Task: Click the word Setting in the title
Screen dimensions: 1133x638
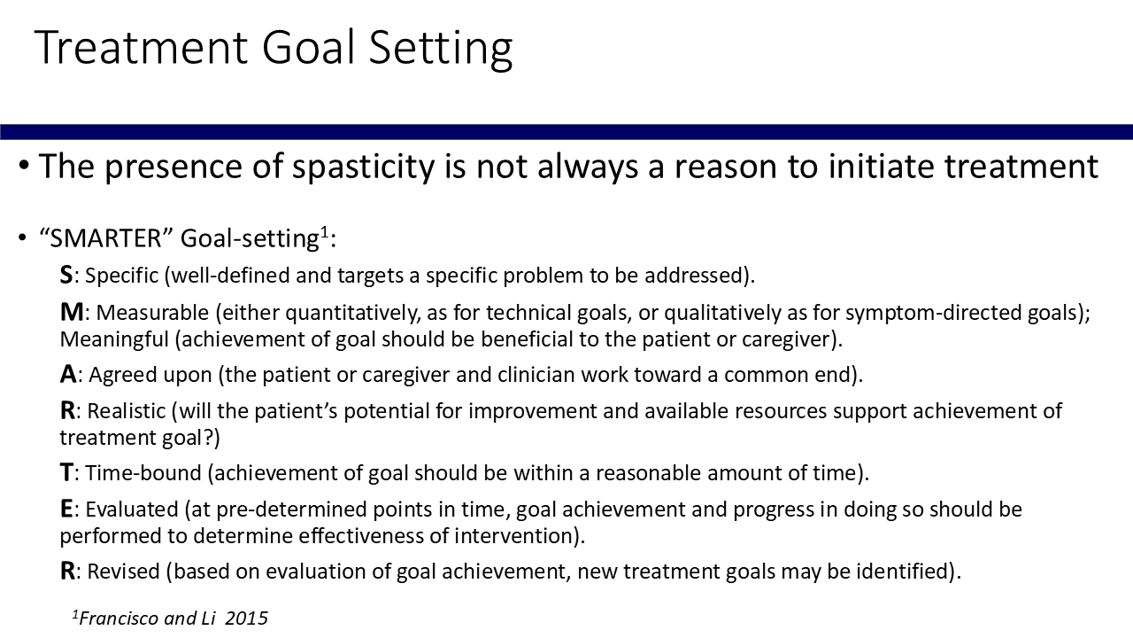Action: coord(441,49)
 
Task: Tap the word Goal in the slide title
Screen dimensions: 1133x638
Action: coord(308,48)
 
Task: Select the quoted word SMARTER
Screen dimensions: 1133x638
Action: coord(106,238)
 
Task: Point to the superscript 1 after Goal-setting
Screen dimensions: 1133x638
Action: coord(324,232)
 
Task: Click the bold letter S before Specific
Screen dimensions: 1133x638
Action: coord(66,275)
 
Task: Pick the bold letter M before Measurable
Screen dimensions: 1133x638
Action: coord(72,312)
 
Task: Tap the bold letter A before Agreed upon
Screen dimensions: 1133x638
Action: coord(68,375)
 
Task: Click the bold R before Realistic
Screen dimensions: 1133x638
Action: coord(67,410)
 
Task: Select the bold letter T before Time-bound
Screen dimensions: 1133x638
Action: coord(66,473)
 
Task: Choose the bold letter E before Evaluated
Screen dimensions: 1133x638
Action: coord(66,509)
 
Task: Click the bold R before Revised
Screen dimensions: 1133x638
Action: coord(67,572)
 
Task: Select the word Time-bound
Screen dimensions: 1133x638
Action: coord(143,473)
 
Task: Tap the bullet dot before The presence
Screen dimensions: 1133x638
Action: coord(23,165)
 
